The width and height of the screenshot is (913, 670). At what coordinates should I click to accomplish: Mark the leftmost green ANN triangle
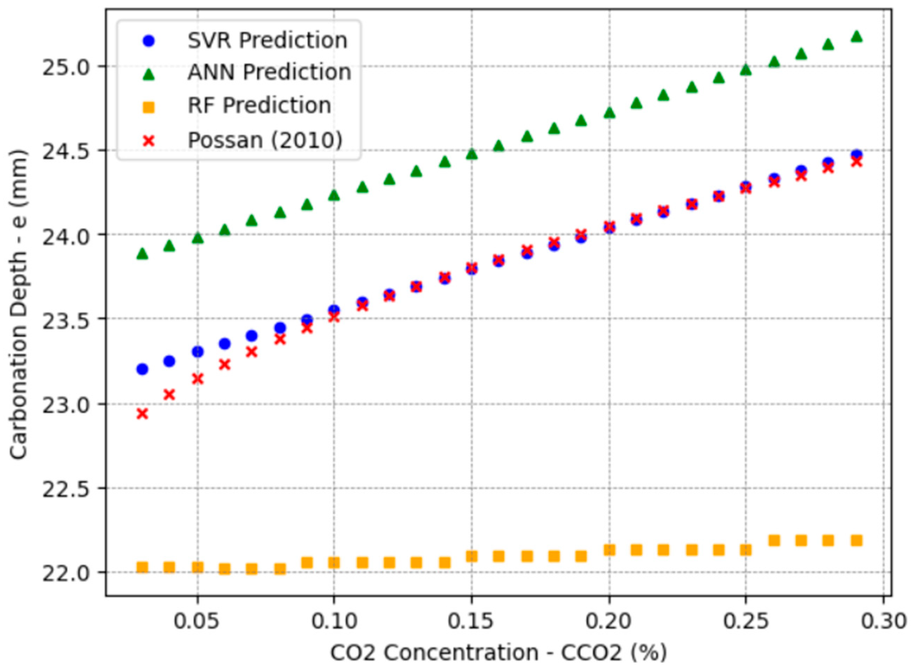click(x=142, y=254)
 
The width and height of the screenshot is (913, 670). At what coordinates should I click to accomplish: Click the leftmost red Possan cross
click(x=142, y=414)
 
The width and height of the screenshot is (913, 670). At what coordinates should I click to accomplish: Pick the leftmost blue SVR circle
click(x=142, y=369)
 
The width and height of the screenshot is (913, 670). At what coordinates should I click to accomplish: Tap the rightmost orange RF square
click(x=856, y=541)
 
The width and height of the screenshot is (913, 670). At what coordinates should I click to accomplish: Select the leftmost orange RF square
click(x=142, y=567)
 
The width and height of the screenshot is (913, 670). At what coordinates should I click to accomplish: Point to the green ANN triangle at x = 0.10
click(x=334, y=195)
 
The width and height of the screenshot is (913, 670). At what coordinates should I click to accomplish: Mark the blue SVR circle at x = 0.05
click(x=197, y=352)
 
